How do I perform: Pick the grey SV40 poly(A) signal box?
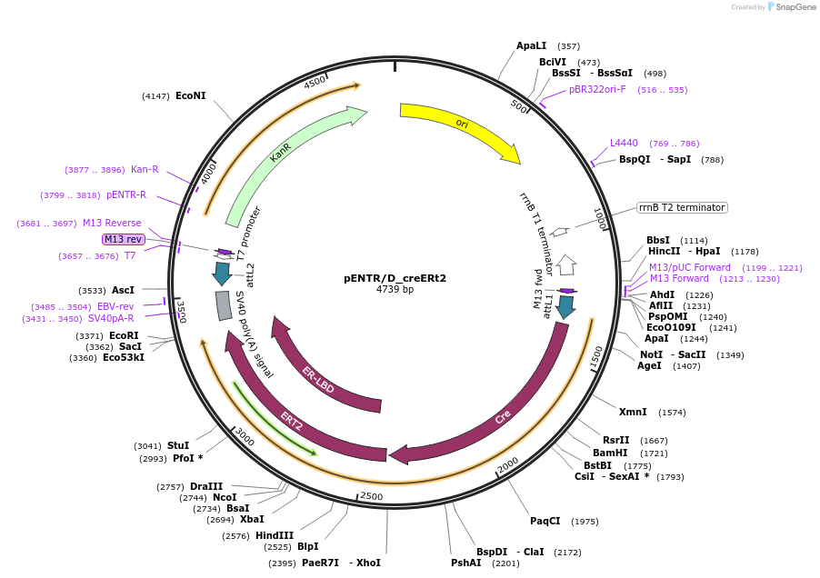[x=224, y=305]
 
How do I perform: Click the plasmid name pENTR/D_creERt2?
[x=395, y=278]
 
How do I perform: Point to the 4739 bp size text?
[x=395, y=290]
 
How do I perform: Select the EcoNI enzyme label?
[x=191, y=95]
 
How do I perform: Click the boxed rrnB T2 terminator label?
[x=681, y=207]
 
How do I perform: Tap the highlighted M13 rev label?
[x=123, y=239]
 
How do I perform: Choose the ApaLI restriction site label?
[x=532, y=46]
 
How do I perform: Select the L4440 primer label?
[x=624, y=144]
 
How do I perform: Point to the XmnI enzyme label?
[x=633, y=412]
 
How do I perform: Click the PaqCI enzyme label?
[x=545, y=522]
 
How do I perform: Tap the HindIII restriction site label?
[x=275, y=535]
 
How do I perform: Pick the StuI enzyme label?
[x=178, y=445]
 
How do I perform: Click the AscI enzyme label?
[x=123, y=291]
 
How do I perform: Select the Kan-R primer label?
[x=145, y=169]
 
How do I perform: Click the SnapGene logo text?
[x=795, y=7]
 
